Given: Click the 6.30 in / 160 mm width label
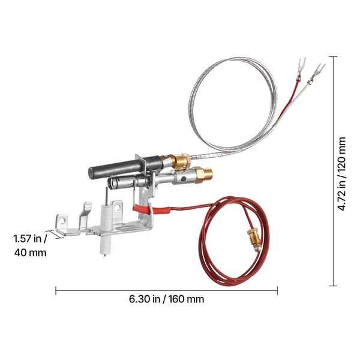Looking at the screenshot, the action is (166, 299).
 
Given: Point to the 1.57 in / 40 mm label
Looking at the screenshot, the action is (30, 245).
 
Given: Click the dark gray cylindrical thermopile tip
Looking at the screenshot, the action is (124, 167).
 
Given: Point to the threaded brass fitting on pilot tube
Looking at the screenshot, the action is (203, 175).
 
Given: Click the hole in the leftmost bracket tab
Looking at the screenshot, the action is (62, 221).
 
